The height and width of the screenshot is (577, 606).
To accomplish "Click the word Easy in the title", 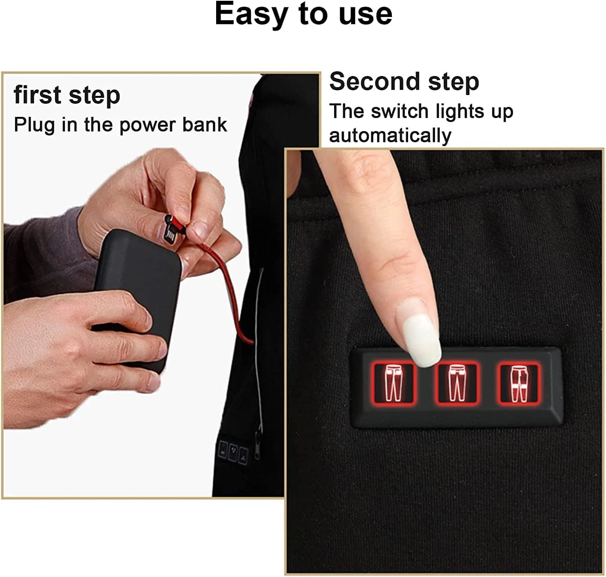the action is [x=251, y=15].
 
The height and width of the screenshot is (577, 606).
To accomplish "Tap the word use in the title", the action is [x=365, y=15].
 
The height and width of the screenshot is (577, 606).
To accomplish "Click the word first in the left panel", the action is [x=38, y=95].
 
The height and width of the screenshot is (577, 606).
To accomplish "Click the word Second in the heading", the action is [x=375, y=81].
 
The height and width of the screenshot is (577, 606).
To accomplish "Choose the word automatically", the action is [x=390, y=136].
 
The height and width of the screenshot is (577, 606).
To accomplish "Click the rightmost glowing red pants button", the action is [x=519, y=383].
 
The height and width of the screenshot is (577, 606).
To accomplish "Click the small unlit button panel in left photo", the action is [x=233, y=451].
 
